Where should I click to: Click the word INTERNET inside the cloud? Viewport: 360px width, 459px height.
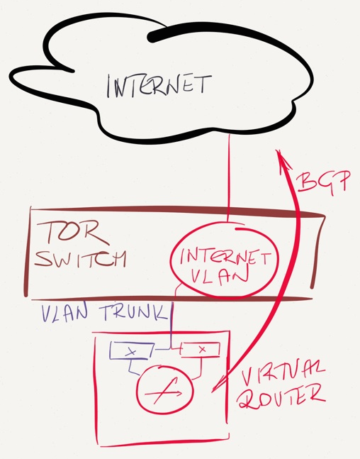159,85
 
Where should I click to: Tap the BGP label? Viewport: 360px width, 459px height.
324,182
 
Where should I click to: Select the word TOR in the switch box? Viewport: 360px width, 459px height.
72,233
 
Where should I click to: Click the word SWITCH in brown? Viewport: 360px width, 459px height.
80,258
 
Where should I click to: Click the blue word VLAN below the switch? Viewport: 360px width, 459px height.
64,314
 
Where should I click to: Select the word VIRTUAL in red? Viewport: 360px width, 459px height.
283,372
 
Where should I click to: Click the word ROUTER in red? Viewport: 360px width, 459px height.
281,397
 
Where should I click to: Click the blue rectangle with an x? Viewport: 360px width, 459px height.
132,350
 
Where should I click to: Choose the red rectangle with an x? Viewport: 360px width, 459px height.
201,349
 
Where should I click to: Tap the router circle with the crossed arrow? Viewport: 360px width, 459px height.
165,390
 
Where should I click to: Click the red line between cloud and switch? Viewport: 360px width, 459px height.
228,177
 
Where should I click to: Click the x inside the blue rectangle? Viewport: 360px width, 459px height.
132,352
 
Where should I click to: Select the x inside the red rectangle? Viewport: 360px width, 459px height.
202,349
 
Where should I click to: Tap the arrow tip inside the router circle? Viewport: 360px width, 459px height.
182,393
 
